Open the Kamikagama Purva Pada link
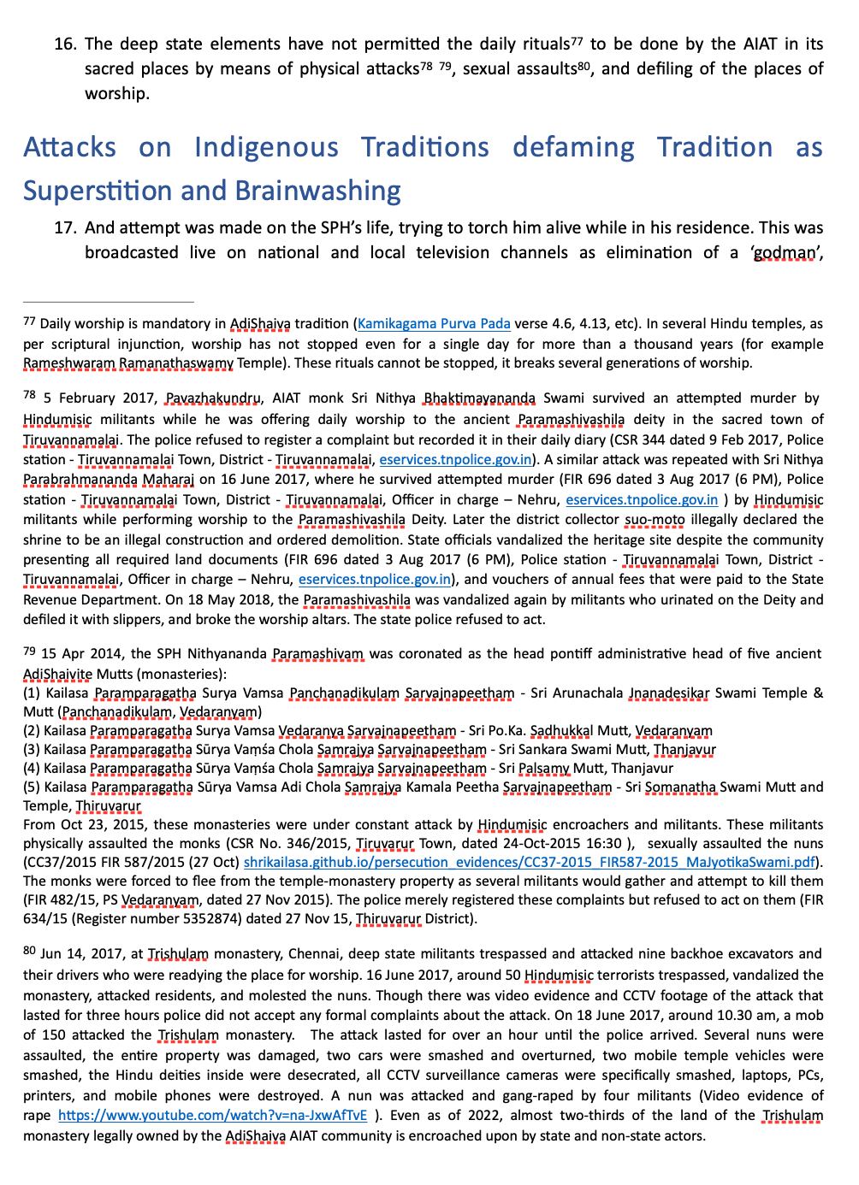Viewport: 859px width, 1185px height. click(x=434, y=324)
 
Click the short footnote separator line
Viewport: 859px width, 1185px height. click(x=109, y=302)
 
